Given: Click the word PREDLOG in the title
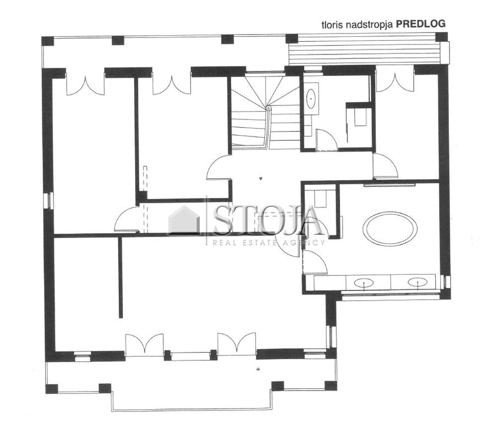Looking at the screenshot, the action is point(420,24).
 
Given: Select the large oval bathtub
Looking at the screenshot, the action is point(390,228).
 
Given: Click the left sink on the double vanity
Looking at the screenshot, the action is point(364,283).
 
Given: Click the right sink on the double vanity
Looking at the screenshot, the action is point(418,282).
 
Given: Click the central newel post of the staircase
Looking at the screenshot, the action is point(269,108).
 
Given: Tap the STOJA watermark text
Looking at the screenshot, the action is point(267,221).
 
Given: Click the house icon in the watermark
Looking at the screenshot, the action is point(184,220).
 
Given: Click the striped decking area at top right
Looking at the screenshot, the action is point(365,50).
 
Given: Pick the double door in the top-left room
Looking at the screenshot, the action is point(85,84).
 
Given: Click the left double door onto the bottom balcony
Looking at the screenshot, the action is point(144,345).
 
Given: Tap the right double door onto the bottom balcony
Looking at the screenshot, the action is point(237,344).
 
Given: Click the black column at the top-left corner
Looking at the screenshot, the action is point(47,41).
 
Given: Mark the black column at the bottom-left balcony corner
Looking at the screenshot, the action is point(52,389).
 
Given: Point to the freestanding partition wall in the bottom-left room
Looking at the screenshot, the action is point(120,278).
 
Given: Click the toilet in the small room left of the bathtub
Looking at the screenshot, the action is point(321,199).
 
